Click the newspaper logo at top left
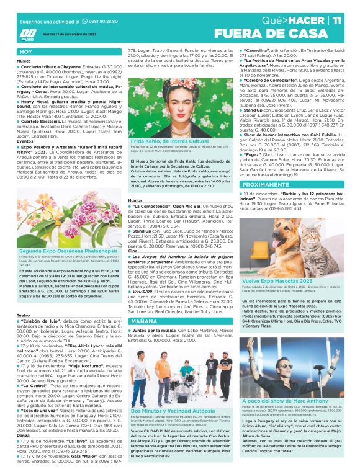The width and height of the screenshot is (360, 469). pyautogui.click(x=28, y=34)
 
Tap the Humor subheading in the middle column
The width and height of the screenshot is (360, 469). pyautogui.click(x=135, y=200)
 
